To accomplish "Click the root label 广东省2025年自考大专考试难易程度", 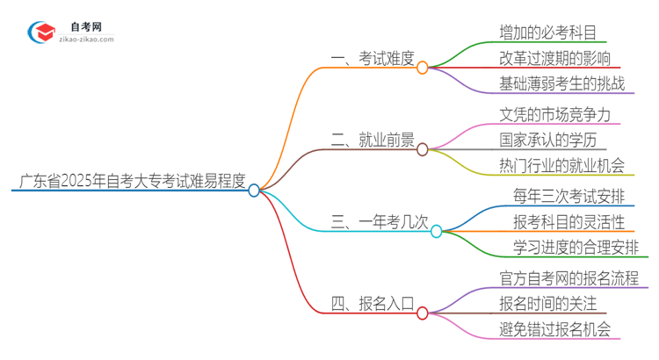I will [130, 182].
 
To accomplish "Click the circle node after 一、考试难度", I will [423, 68].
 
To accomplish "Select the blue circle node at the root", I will [254, 190].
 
